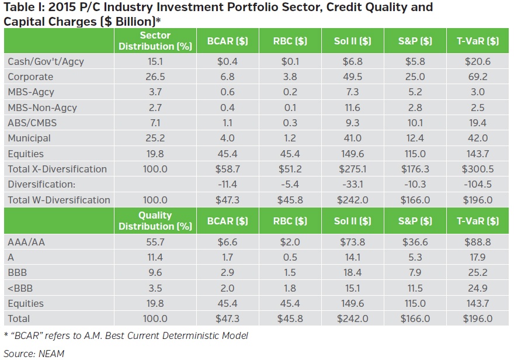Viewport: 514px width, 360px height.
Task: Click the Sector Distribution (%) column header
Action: [155, 41]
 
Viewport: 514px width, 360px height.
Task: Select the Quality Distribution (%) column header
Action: [155, 221]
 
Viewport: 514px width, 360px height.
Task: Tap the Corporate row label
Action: [30, 77]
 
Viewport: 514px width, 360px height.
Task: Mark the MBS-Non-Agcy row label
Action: [42, 108]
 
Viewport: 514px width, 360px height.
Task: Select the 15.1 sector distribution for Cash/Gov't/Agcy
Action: [155, 61]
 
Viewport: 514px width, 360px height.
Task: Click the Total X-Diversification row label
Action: [57, 169]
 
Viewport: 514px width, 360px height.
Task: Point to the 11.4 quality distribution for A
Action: [155, 258]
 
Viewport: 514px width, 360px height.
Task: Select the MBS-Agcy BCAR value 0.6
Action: [227, 92]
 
